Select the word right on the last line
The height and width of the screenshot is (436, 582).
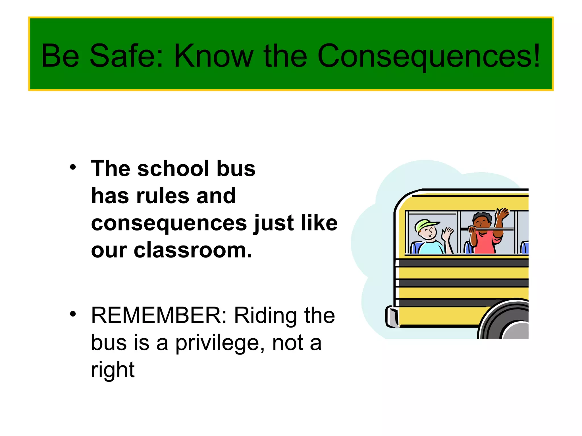113,370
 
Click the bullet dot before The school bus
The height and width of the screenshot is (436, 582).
73,167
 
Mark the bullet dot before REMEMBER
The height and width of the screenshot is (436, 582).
73,314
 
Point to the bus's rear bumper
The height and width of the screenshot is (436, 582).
391,316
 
